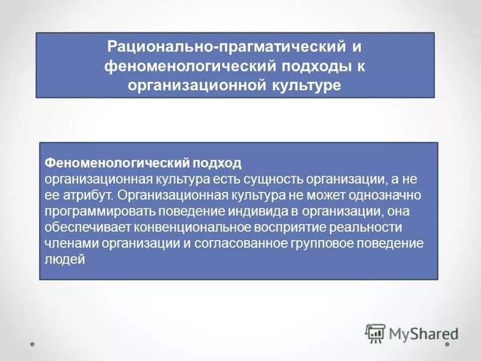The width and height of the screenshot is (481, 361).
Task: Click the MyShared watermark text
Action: pyautogui.click(x=423, y=333)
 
